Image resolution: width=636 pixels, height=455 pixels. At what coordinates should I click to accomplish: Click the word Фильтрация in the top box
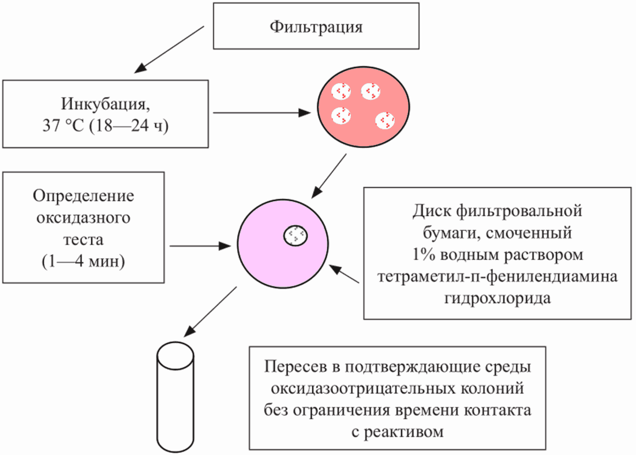pos(317,28)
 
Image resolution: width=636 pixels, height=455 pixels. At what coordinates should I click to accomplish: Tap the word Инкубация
pos(104,105)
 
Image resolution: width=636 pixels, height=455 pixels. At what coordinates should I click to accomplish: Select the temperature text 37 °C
pos(61,126)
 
